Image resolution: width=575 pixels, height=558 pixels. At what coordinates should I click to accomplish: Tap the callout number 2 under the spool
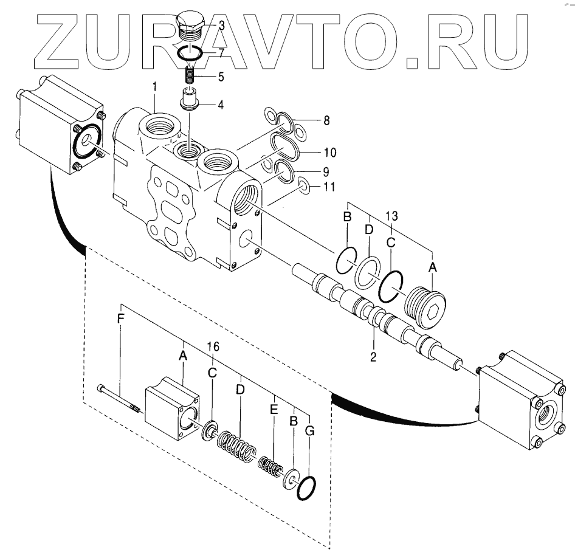(373, 357)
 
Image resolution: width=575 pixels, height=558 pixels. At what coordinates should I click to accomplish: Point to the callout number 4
(220, 105)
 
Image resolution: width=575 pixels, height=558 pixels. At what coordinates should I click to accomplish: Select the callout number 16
(213, 347)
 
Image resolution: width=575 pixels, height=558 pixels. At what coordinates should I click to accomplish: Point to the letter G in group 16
(310, 432)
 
